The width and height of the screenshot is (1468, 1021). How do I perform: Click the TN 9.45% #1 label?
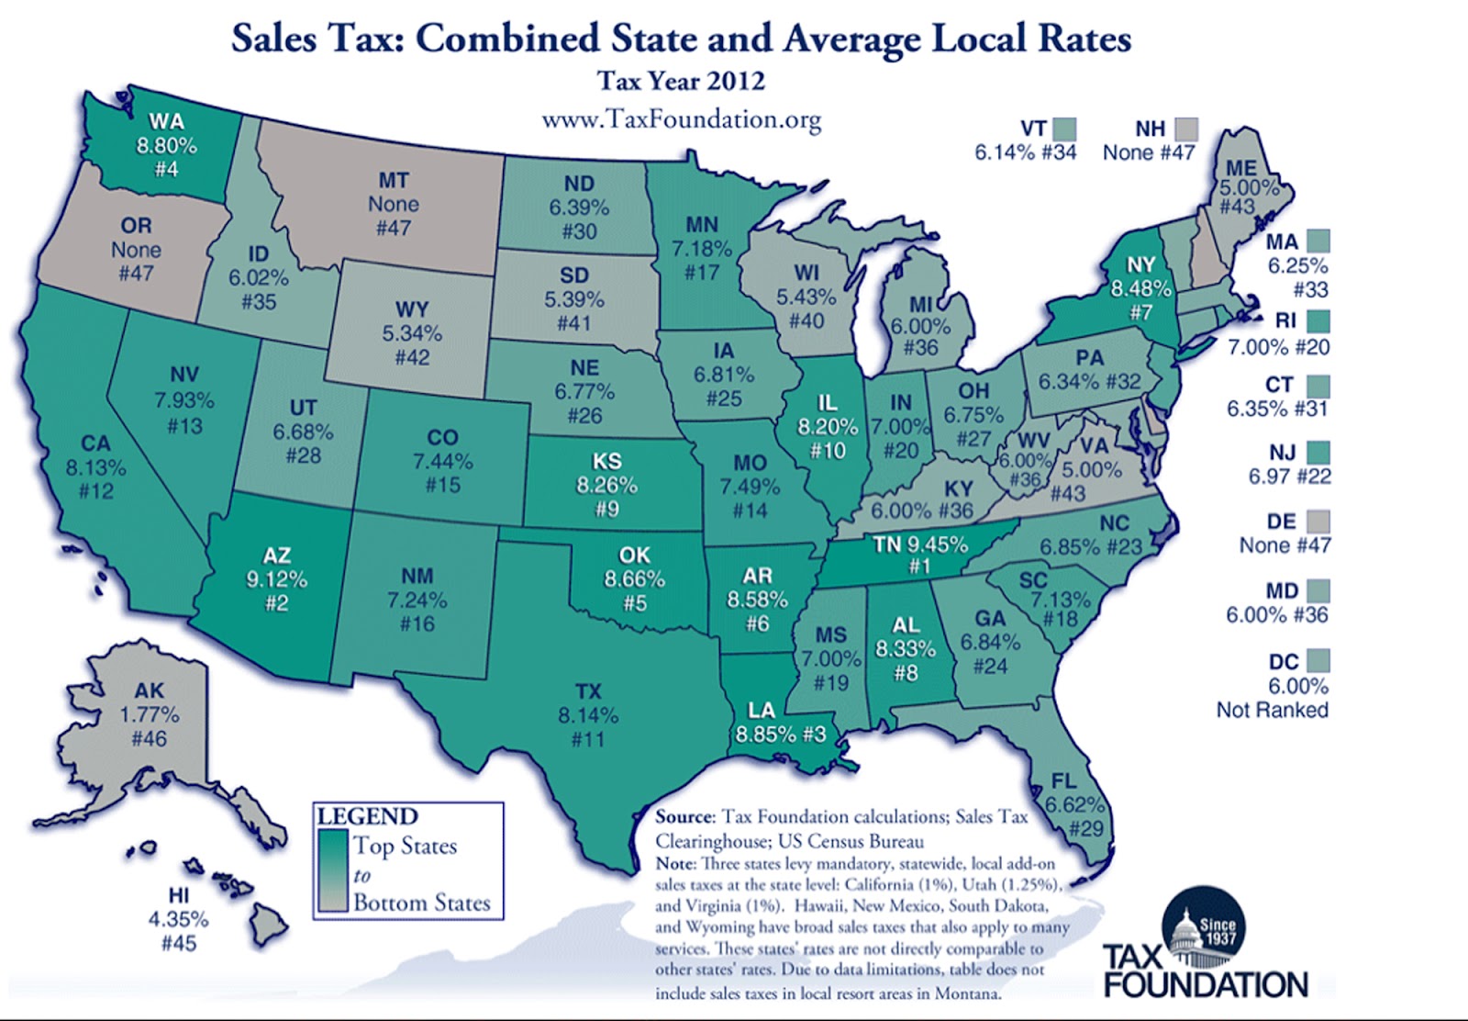pyautogui.click(x=920, y=554)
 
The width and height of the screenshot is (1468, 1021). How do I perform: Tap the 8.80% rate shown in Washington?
pyautogui.click(x=167, y=145)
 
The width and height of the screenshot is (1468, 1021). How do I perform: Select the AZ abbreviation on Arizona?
pyautogui.click(x=276, y=555)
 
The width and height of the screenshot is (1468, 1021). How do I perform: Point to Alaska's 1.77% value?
pyautogui.click(x=150, y=714)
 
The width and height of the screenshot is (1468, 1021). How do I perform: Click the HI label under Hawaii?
pyautogui.click(x=178, y=895)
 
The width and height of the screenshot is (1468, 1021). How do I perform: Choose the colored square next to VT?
pyautogui.click(x=1064, y=129)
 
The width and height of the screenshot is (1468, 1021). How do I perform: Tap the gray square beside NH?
pyautogui.click(x=1186, y=129)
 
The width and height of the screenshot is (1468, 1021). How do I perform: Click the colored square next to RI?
pyautogui.click(x=1318, y=321)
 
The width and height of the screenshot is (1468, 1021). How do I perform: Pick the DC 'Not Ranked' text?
pyautogui.click(x=1272, y=710)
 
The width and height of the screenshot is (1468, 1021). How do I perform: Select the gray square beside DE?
pyautogui.click(x=1318, y=522)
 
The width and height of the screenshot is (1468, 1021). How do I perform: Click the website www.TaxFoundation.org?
pyautogui.click(x=681, y=120)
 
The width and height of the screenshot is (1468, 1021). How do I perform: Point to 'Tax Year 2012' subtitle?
pyautogui.click(x=681, y=81)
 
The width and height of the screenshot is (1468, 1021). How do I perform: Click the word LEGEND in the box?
pyautogui.click(x=367, y=816)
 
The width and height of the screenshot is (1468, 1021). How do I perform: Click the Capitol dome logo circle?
pyautogui.click(x=1203, y=929)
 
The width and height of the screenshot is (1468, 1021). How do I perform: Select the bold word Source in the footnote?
pyautogui.click(x=684, y=816)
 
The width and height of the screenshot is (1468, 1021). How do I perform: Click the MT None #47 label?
pyautogui.click(x=394, y=204)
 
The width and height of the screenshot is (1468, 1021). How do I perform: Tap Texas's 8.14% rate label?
pyautogui.click(x=588, y=715)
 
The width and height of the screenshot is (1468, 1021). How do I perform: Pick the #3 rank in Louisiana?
pyautogui.click(x=815, y=735)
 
